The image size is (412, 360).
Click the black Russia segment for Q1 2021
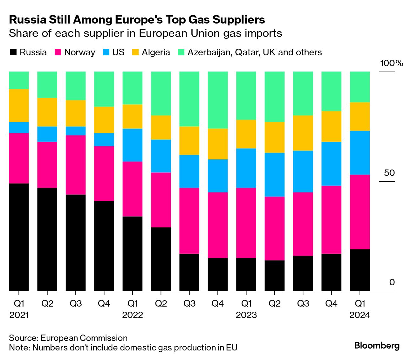[x=19, y=237]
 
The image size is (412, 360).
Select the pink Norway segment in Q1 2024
[x=360, y=212]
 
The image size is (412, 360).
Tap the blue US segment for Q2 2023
[x=274, y=175]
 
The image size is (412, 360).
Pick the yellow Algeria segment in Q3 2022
[x=189, y=141]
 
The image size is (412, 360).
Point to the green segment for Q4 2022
[x=217, y=100]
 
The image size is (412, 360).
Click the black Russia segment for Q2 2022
[x=161, y=259]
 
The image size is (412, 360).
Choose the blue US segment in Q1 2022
[x=132, y=145]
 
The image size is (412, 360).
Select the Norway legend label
[x=79, y=52]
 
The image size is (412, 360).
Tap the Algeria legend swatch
[x=135, y=52]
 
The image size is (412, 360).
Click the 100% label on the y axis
[x=391, y=63]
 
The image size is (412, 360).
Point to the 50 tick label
[x=389, y=173]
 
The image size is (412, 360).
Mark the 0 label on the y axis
[x=392, y=282]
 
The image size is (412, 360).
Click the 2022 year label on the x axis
[x=133, y=315]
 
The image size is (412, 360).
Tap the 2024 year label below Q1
[x=360, y=315]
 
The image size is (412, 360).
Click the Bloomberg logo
[x=377, y=345]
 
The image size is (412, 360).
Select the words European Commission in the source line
[x=84, y=338]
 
